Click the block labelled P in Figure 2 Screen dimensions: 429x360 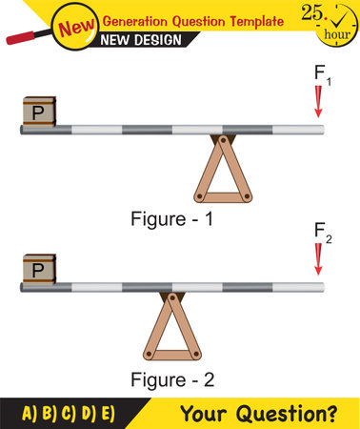[x=37, y=269]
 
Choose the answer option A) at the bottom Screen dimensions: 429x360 [x=28, y=414]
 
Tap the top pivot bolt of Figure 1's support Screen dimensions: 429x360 [x=224, y=138]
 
